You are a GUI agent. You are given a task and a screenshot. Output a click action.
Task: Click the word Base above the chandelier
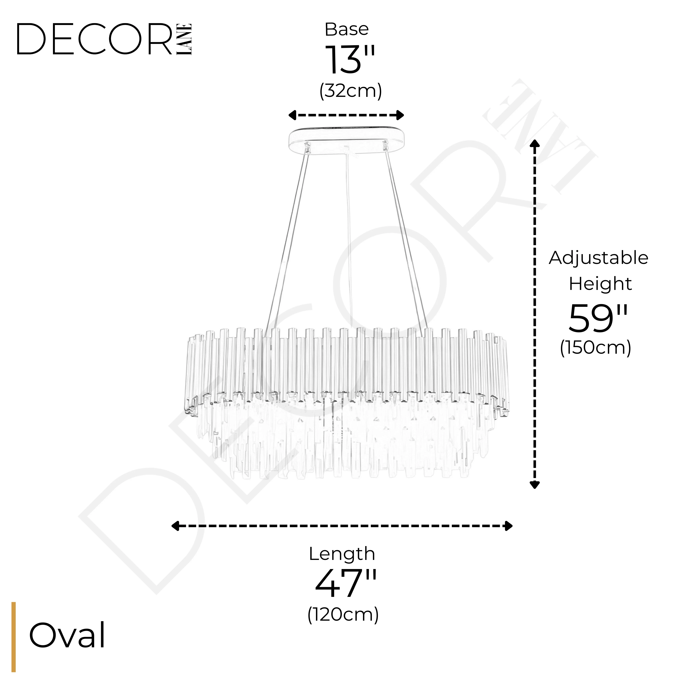347,29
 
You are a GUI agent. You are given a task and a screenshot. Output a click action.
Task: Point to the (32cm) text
350,91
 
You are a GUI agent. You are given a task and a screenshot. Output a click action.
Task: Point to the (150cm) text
596,348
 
